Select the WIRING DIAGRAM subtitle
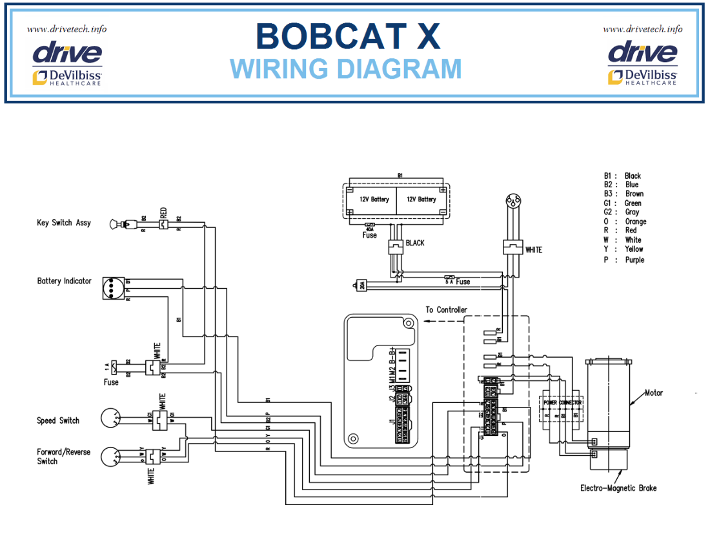pos(346,68)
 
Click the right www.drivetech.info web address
pos(642,29)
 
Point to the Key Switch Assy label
pos(64,223)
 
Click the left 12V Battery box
pos(374,200)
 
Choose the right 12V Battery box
pos(421,200)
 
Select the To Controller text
pos(446,310)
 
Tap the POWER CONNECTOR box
pos(562,403)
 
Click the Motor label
pos(653,393)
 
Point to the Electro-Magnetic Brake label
pos(618,488)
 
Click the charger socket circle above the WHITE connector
pos(513,200)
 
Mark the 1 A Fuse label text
pos(112,382)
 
